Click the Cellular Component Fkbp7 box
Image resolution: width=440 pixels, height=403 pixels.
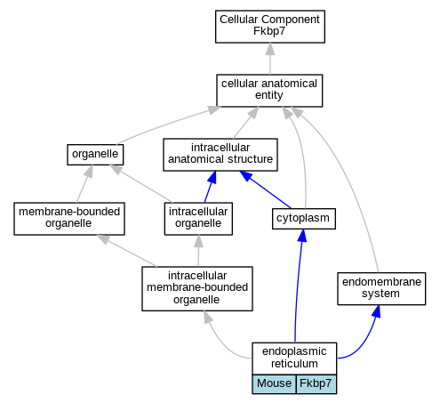(x=270, y=27)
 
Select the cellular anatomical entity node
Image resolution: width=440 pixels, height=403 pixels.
(x=269, y=91)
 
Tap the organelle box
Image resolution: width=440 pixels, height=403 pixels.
(x=95, y=155)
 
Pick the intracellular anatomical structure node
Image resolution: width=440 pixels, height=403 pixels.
(x=220, y=155)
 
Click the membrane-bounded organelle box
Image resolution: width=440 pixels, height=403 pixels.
(x=69, y=219)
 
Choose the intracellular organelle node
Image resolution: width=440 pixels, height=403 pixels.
(x=198, y=219)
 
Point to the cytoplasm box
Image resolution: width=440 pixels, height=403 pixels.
(x=304, y=219)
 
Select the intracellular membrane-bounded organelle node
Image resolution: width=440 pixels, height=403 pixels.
(x=197, y=288)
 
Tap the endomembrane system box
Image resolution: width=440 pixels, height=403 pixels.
(x=381, y=288)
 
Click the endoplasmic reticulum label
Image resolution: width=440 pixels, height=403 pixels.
(x=294, y=359)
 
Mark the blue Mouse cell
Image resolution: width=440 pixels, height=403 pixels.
(x=274, y=384)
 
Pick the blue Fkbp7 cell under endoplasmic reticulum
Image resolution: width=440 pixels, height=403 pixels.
(x=316, y=384)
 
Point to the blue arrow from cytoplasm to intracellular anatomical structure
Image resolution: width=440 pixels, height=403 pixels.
(x=266, y=189)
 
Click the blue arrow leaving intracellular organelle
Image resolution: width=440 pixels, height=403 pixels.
(x=210, y=187)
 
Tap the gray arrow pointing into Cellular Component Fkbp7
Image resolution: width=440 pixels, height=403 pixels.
(x=270, y=59)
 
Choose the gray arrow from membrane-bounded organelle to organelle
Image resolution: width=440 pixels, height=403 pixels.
(x=84, y=184)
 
